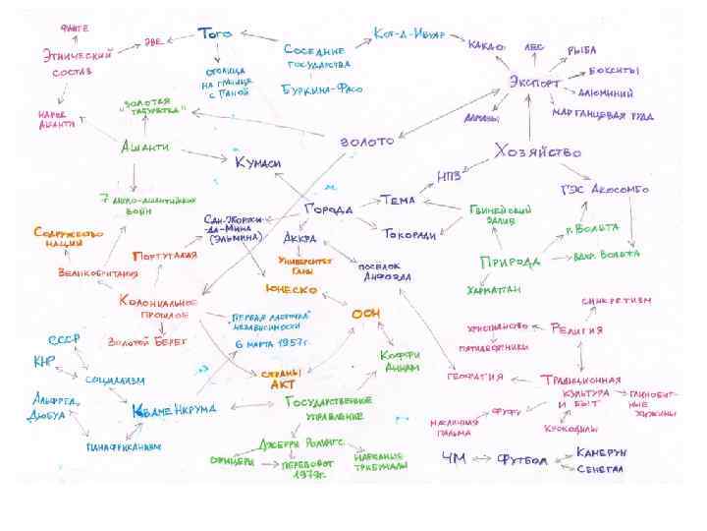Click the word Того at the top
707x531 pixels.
click(x=216, y=34)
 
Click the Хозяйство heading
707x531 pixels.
click(x=537, y=152)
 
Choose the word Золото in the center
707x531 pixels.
click(x=365, y=142)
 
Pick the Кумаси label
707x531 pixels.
click(x=257, y=160)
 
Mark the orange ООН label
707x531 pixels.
click(x=365, y=313)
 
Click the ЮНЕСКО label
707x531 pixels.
click(x=290, y=290)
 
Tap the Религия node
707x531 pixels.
click(x=576, y=328)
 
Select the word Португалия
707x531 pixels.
click(x=165, y=255)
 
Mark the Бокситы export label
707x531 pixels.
click(x=615, y=71)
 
